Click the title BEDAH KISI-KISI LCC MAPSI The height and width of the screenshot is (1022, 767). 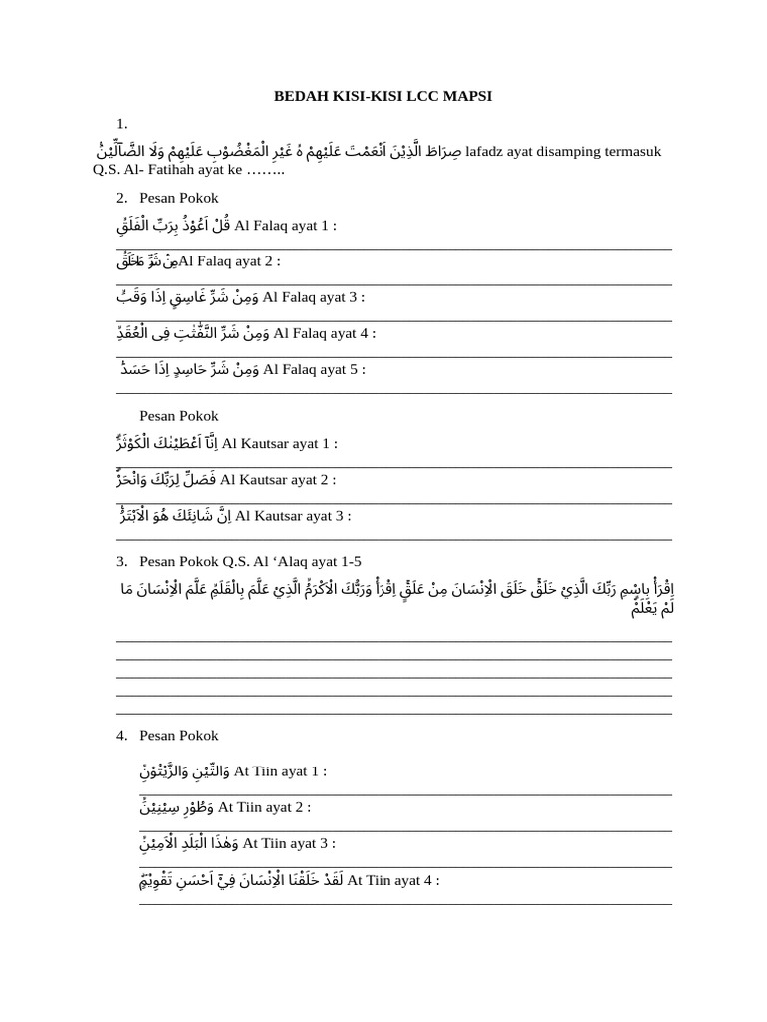pos(383,96)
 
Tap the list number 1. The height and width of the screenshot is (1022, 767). pos(121,123)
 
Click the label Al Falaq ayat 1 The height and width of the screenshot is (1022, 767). pos(285,226)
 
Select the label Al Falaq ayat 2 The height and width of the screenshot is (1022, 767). pos(229,261)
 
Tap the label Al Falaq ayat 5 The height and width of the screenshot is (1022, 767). pos(314,369)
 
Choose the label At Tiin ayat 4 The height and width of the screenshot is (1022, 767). pos(392,880)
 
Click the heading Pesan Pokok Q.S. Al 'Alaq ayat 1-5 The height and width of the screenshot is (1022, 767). pos(243,561)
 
